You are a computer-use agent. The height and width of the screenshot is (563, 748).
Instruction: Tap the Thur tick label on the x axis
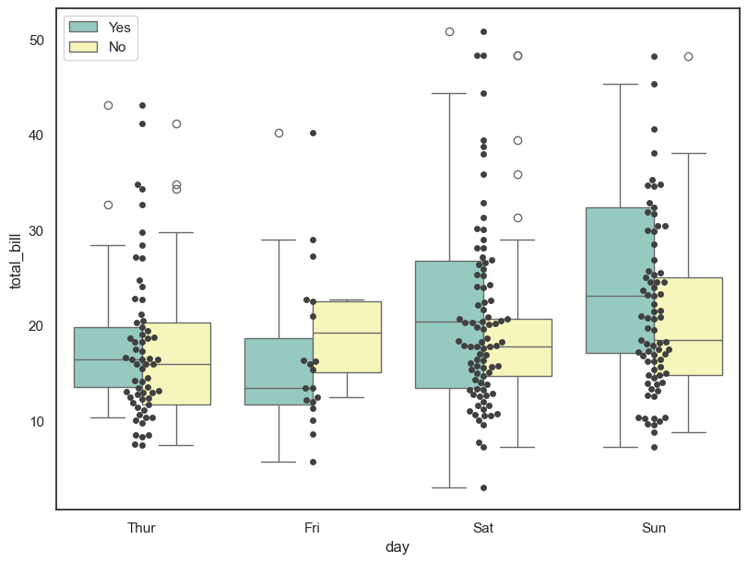point(141,528)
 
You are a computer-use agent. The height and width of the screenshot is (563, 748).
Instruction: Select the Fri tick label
point(312,528)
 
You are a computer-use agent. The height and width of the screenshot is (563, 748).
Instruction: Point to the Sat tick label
point(483,528)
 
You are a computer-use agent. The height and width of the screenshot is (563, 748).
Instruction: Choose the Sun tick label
point(654,528)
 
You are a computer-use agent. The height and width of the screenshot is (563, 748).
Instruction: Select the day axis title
point(398,547)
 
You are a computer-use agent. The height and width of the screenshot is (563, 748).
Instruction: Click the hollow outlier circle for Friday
point(279,133)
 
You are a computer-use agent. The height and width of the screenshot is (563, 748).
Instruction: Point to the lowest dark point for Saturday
point(483,487)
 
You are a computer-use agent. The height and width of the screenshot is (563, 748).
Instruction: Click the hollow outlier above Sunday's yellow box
point(688,56)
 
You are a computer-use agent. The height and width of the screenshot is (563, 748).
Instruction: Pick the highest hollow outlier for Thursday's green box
point(108,105)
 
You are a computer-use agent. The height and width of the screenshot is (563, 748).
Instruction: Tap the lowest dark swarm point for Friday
point(313,462)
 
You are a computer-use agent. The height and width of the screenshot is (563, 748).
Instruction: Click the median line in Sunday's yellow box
point(688,341)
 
